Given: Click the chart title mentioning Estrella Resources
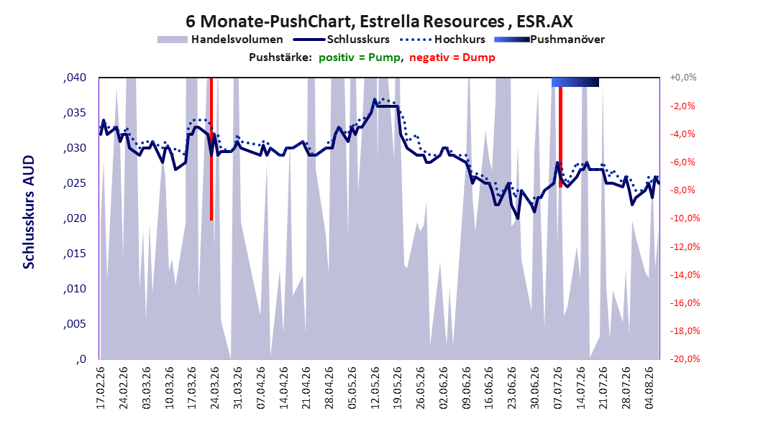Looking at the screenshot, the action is point(379,22).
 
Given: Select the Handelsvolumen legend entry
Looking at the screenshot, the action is point(220,40).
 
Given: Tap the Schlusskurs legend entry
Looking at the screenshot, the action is point(342,40).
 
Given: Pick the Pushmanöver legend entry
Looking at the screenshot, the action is point(549,40).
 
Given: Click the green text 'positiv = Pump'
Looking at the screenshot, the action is point(359,57).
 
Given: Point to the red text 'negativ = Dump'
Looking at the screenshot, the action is point(452,57).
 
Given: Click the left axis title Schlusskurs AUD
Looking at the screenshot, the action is point(29,212).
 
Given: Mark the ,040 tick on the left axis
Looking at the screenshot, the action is point(75,78).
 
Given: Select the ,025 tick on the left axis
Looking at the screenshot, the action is point(75,183).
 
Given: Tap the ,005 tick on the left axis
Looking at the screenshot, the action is point(75,324).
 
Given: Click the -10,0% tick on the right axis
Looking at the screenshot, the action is point(685,218).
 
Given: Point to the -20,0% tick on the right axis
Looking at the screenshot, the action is point(685,358).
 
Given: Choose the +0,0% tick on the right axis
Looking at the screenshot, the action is point(683,78).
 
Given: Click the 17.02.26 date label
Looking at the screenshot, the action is point(101,388).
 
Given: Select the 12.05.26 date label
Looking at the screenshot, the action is point(375,388).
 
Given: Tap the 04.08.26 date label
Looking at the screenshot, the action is point(649,388).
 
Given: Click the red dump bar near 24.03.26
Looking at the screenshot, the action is point(211,149).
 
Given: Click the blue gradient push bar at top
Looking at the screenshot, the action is point(575,82).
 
